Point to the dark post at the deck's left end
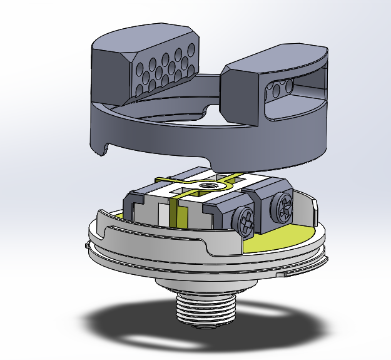[x=135, y=204]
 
